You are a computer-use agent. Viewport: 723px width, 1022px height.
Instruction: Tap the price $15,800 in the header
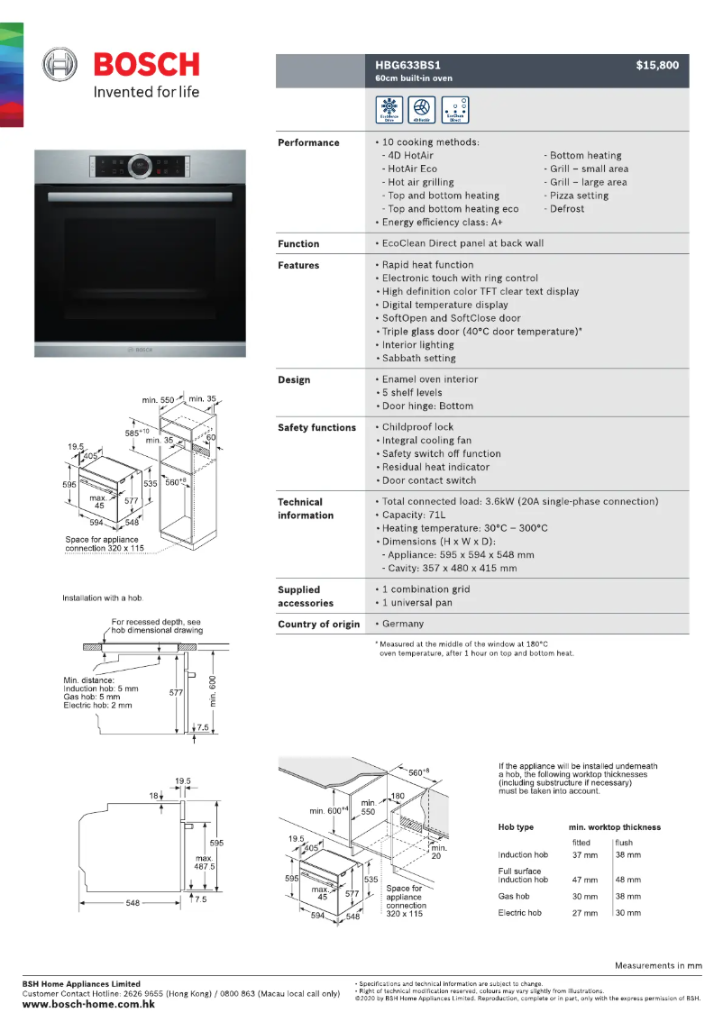point(656,65)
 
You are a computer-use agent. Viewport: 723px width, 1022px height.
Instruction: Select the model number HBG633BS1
point(407,65)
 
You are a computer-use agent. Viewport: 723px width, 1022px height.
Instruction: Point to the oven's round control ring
point(140,167)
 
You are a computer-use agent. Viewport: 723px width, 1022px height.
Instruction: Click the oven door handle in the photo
point(140,196)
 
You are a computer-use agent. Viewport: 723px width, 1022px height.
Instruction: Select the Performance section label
point(308,142)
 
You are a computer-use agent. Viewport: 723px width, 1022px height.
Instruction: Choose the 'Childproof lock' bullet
point(417,427)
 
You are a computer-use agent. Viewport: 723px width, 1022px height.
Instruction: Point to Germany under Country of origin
point(402,624)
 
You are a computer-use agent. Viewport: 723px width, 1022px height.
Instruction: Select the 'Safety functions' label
point(316,427)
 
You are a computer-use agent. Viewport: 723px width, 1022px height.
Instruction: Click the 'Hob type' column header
point(516,827)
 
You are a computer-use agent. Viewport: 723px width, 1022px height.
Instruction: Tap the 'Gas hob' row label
point(514,897)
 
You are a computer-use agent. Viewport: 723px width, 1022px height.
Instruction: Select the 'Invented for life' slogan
point(147,92)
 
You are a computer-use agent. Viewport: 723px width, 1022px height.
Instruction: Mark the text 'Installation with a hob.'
point(103,598)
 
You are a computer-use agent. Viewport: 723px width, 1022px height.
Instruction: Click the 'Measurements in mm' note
point(658,966)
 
